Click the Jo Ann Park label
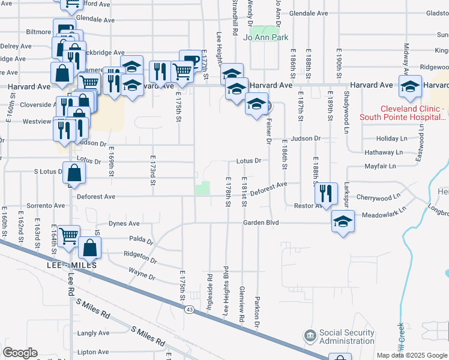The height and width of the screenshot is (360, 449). tap(267, 37)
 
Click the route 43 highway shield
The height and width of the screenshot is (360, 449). tap(190, 309)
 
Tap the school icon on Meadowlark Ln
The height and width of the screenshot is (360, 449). tap(343, 222)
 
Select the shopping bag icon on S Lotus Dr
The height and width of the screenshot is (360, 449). tap(73, 174)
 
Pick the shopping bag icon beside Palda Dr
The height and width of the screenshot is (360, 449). tap(89, 247)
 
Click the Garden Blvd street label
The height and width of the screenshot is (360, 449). tap(261, 223)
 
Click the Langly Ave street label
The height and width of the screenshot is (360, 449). tap(93, 333)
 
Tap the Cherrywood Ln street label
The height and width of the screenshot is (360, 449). tap(378, 197)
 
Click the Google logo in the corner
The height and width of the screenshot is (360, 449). tap(20, 353)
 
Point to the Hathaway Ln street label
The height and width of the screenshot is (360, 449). tap(379, 152)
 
